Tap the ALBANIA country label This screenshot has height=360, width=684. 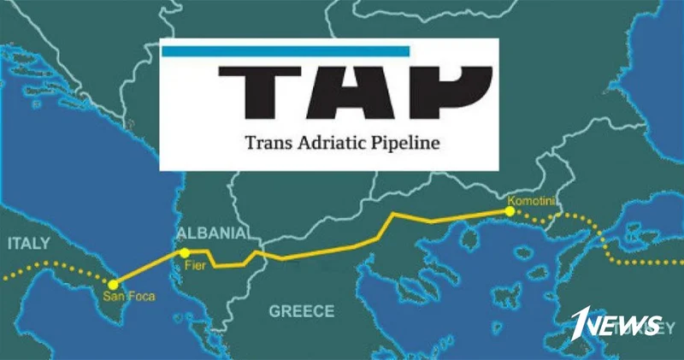(211, 233)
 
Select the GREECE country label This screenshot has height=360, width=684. (302, 311)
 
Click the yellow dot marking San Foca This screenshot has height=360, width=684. (114, 284)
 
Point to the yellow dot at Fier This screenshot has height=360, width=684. (184, 252)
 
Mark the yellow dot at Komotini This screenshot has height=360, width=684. (510, 210)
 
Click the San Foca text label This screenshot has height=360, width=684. (124, 298)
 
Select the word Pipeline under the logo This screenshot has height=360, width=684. (404, 142)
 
